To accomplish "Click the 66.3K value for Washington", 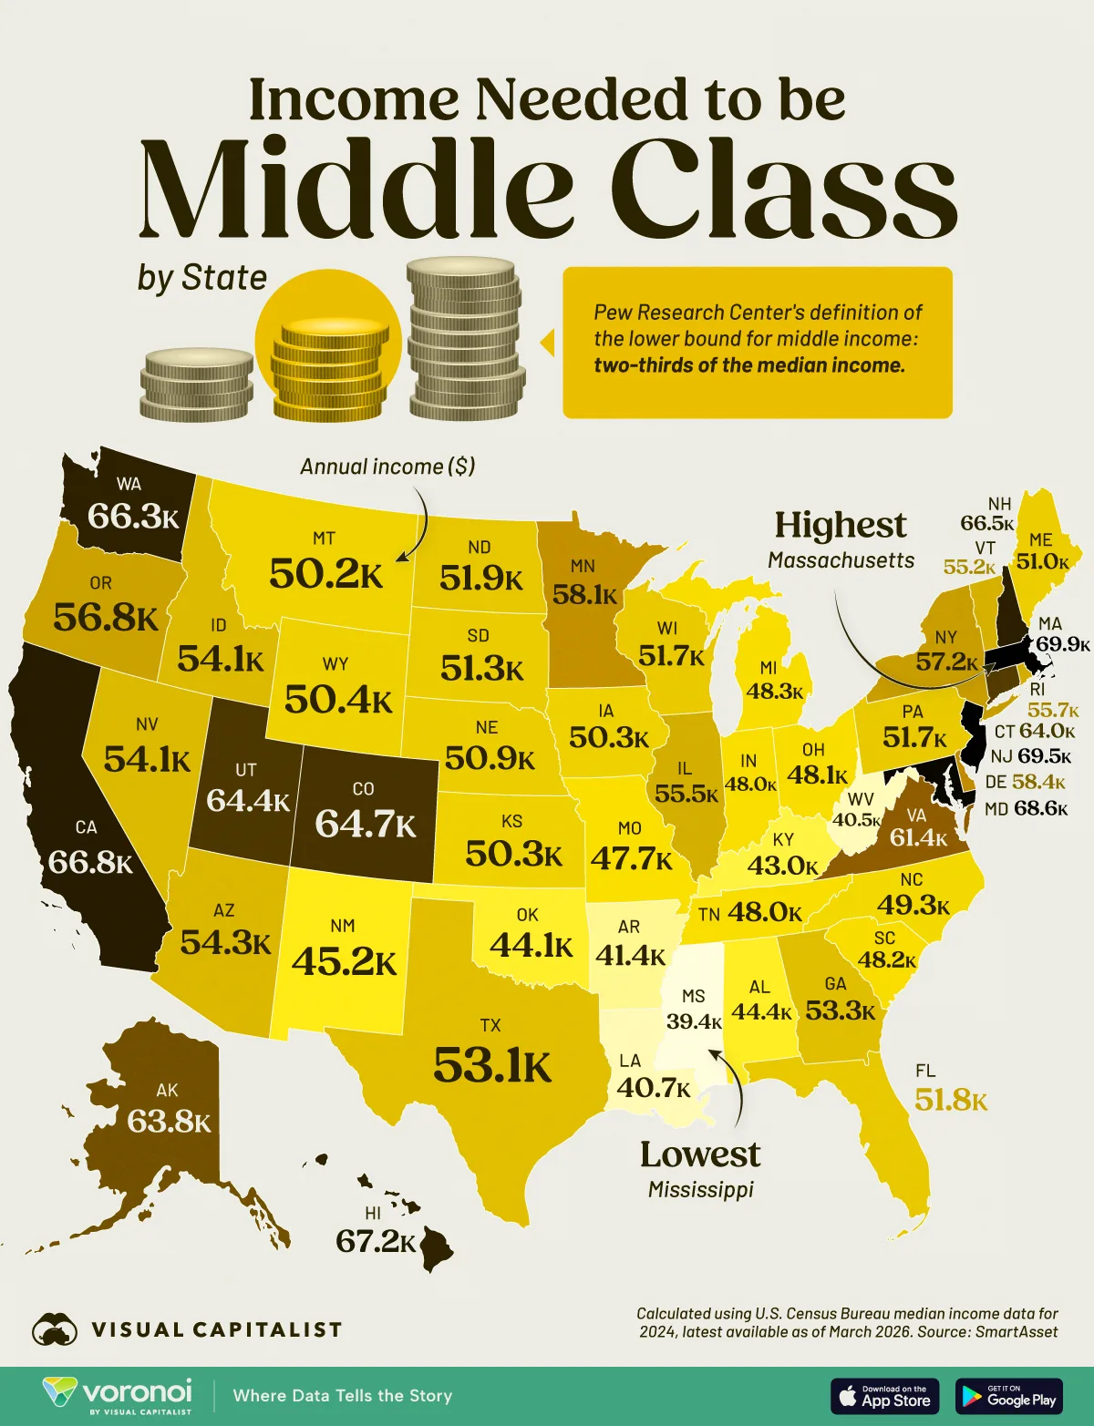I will point(133,517).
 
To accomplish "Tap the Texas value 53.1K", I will point(492,1064).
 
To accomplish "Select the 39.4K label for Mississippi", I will point(694,1021).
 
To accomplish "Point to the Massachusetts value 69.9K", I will point(1063,644).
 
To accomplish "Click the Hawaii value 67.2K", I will point(376,1240).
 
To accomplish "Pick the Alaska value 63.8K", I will point(169,1121).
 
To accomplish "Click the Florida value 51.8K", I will point(951,1100).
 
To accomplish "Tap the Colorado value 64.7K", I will point(366,823).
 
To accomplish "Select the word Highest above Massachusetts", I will point(841,526).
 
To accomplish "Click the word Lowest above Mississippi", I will point(700,1154).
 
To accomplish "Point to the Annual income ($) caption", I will point(387,467).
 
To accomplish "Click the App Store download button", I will point(883,1395).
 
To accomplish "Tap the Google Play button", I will point(1009,1395).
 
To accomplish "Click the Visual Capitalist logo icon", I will point(55,1329).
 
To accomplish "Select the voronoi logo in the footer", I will point(119,1395).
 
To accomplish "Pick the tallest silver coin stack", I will point(465,339).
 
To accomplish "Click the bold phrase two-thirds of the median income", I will point(749,365).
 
